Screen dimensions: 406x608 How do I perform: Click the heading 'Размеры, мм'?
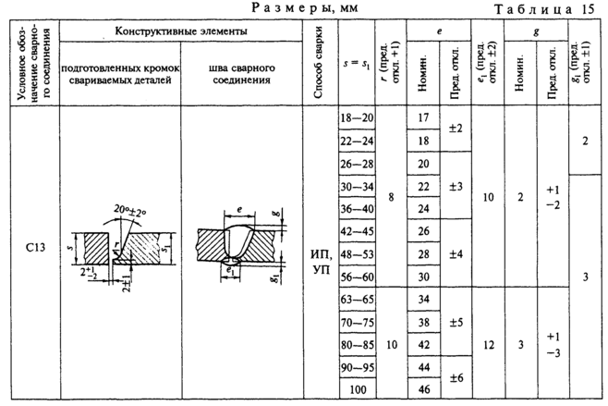(x=302, y=8)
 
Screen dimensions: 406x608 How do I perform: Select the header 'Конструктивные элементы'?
(x=181, y=31)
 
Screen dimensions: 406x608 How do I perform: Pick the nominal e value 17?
(x=424, y=119)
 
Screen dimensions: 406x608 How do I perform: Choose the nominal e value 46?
(x=424, y=388)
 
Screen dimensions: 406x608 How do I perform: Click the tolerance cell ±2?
(x=456, y=129)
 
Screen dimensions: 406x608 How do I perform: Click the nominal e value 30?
(x=424, y=276)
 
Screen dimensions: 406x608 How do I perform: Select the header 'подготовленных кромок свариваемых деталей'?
(x=119, y=73)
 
